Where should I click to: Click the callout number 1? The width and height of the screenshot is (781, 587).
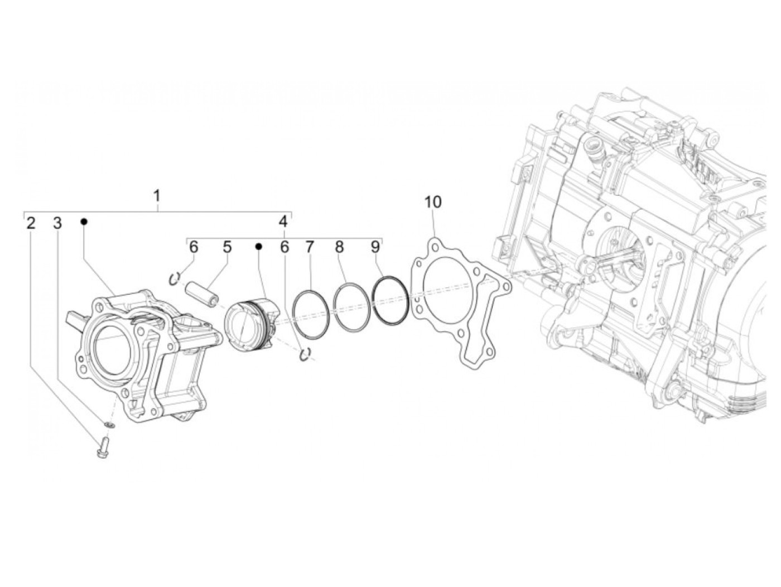pos(157,196)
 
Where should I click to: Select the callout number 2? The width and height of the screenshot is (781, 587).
pos(31,223)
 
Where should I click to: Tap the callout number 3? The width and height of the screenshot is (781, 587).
pos(57,223)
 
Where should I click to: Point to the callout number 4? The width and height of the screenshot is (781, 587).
pos(282,222)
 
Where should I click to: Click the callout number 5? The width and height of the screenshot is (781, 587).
pos(227,247)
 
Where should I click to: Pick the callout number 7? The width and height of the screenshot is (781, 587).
pos(309,247)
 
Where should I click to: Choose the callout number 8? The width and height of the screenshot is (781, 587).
pos(339,247)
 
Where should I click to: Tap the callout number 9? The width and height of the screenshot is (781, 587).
pos(375,247)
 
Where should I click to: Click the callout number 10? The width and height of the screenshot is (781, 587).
pos(433,202)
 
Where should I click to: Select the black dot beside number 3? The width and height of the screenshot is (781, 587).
pos(84,222)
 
